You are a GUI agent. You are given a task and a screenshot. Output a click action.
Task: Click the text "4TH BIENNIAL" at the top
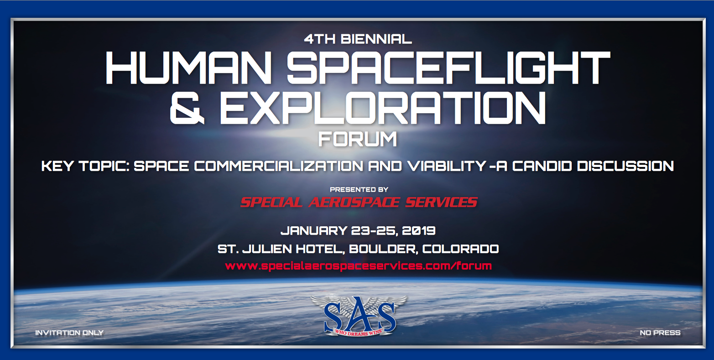coord(358,39)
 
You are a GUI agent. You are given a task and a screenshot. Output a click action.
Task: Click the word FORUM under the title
coord(358,139)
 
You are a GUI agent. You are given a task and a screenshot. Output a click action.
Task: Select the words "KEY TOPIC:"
coord(85,166)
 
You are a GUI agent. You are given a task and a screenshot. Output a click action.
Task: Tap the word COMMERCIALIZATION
coord(279,166)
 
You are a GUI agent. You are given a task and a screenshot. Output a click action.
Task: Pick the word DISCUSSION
coord(625,166)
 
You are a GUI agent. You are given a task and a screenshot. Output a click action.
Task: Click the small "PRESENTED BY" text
coord(359,189)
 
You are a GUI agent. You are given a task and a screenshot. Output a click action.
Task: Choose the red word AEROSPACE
coord(354,202)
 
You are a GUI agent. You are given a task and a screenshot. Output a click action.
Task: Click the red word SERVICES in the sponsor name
coord(441,202)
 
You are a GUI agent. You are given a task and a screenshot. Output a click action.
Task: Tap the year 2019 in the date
coord(418,230)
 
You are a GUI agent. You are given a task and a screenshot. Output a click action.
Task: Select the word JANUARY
coord(314,230)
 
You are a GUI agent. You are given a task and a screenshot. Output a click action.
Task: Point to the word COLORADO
coord(461,249)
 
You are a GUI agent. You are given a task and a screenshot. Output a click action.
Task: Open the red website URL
coord(358,266)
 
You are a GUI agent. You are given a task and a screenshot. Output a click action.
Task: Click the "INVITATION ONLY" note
coord(69,333)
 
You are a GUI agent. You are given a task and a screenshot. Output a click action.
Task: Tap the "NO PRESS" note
coord(660,333)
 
